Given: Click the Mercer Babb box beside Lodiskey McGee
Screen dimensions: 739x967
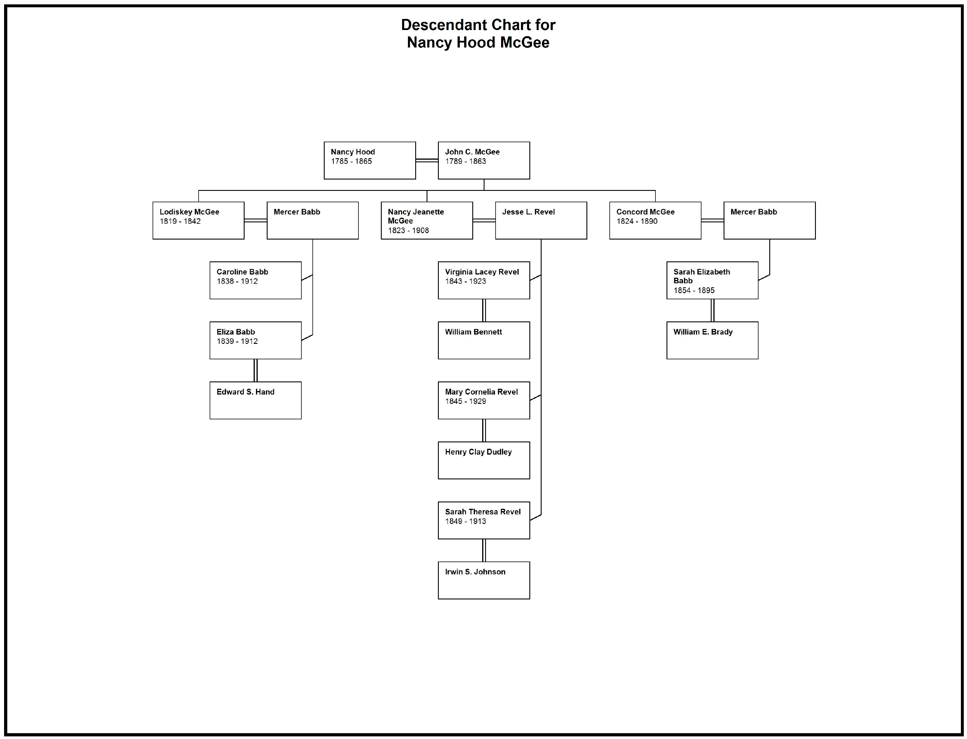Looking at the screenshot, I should [x=312, y=220].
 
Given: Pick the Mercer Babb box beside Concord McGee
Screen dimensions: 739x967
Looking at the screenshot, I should [x=769, y=220].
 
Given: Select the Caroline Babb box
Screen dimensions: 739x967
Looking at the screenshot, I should [x=255, y=280].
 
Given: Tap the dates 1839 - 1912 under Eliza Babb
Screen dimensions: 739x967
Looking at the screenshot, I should [x=237, y=341].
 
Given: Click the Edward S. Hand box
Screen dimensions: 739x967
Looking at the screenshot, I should [x=255, y=400].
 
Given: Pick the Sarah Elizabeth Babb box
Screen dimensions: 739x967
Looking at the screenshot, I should [x=712, y=280].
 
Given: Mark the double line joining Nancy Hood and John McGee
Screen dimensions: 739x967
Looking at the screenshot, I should [x=427, y=161].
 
